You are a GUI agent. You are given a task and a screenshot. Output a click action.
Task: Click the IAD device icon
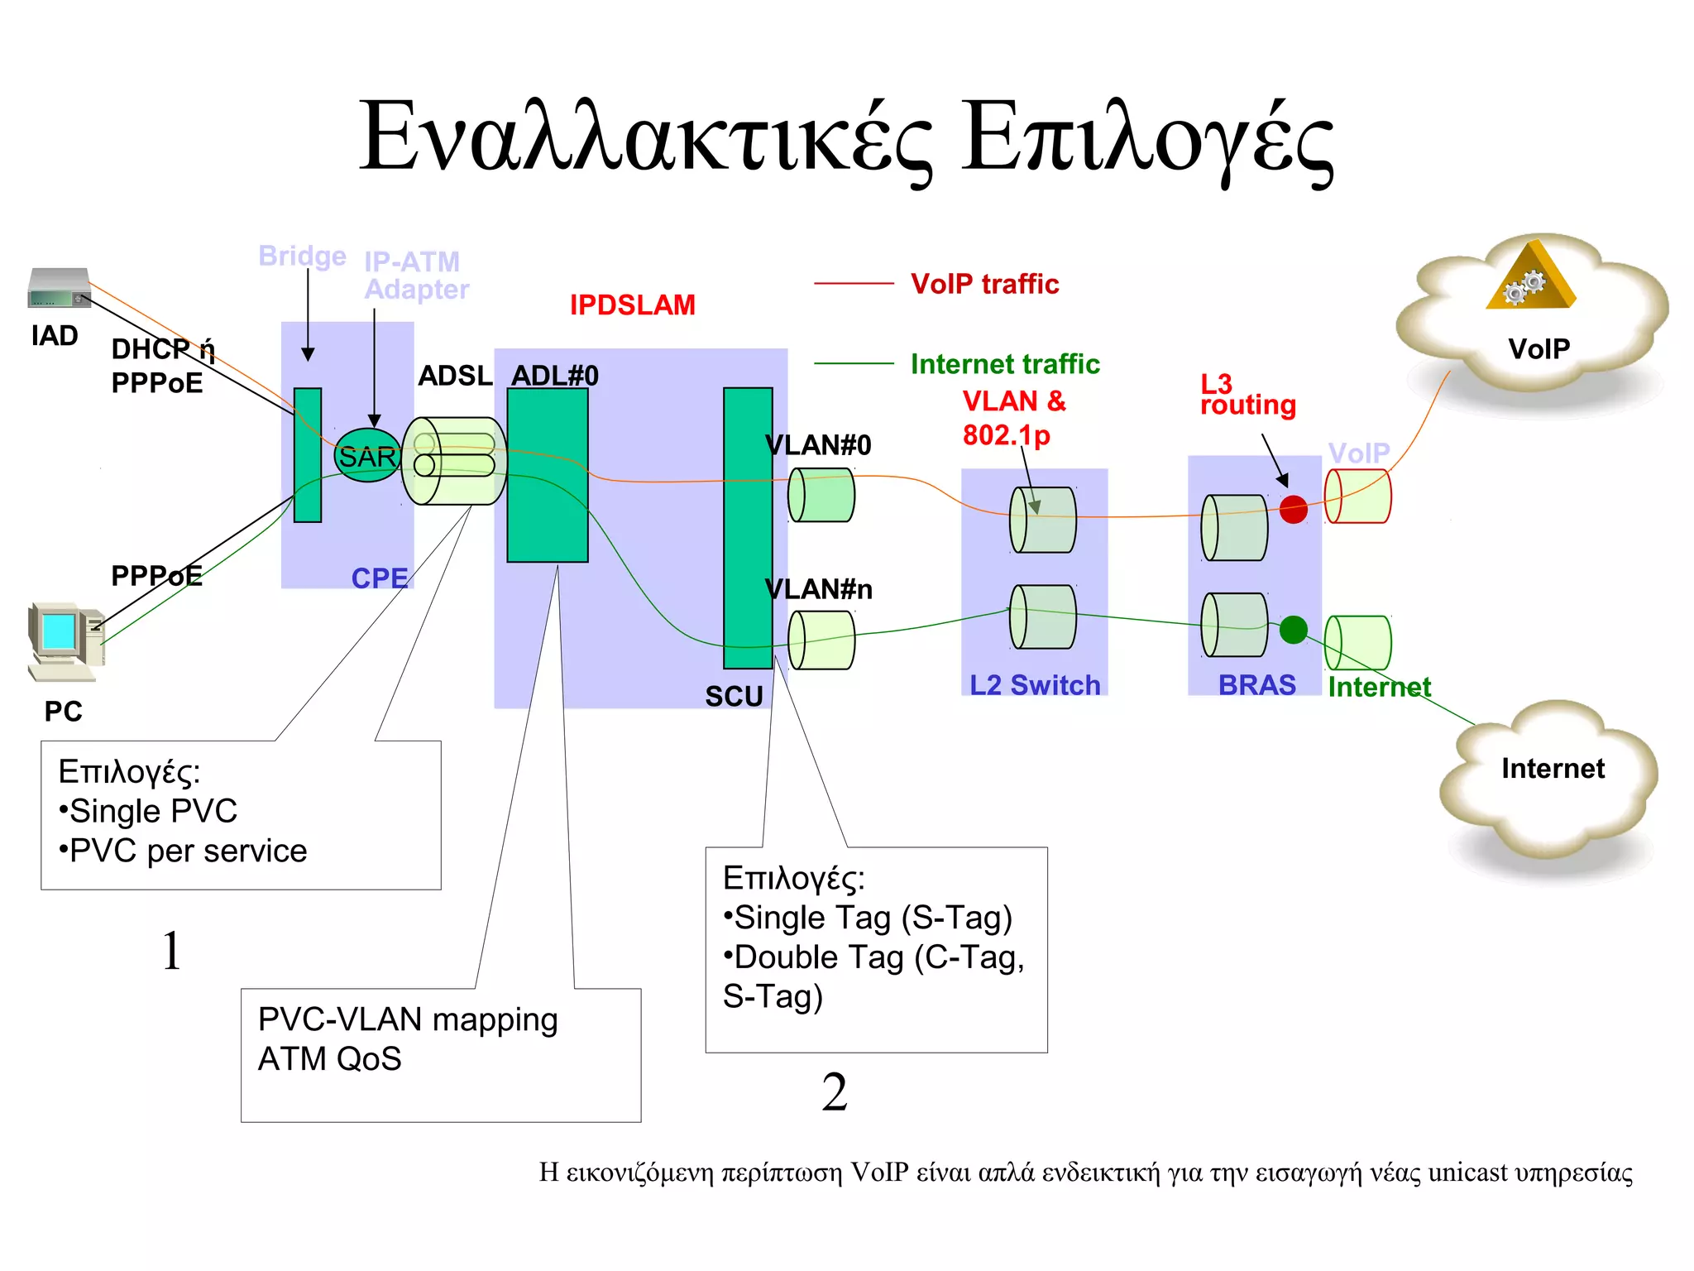point(59,288)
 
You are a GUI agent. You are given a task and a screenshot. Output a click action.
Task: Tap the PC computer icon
point(65,641)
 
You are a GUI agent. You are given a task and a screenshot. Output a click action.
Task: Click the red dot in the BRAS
point(1293,509)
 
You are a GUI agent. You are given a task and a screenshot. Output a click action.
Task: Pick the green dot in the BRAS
point(1293,630)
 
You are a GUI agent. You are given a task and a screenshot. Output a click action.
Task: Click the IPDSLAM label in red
point(632,305)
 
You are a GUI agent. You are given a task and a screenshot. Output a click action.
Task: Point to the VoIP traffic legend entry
point(983,284)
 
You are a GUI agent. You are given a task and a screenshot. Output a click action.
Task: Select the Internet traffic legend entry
point(1004,364)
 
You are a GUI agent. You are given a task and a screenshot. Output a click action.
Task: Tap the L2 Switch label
point(1034,685)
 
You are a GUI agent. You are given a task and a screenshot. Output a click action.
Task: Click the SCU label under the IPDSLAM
point(733,696)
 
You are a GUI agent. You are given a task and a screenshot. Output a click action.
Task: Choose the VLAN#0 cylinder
point(821,495)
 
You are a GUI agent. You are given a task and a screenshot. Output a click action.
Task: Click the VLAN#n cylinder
point(821,640)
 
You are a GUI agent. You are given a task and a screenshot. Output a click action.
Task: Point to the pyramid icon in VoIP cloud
point(1531,278)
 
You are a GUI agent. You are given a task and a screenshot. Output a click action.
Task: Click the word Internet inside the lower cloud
point(1553,769)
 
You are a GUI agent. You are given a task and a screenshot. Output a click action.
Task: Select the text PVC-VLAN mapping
point(408,1019)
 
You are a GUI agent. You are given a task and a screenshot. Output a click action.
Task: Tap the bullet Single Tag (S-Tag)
point(869,917)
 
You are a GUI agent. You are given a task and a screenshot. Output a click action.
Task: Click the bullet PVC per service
point(184,851)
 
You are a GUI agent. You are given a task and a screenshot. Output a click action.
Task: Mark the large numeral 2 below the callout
point(835,1091)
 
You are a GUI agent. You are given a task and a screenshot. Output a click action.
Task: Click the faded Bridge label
point(302,256)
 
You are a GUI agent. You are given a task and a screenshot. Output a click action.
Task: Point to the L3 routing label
point(1247,395)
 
